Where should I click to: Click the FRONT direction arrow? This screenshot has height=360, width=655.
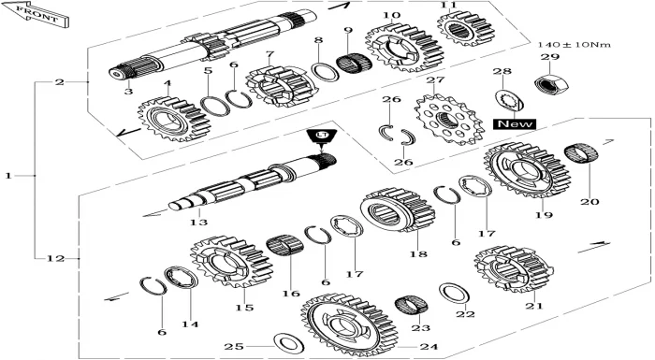pyautogui.click(x=36, y=14)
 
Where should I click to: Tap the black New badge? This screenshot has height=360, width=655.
pyautogui.click(x=515, y=124)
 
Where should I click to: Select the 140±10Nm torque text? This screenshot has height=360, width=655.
pyautogui.click(x=574, y=44)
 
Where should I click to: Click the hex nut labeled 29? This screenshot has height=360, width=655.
pyautogui.click(x=551, y=84)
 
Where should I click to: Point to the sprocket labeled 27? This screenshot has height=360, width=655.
pyautogui.click(x=449, y=119)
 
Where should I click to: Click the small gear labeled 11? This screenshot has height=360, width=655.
pyautogui.click(x=466, y=27)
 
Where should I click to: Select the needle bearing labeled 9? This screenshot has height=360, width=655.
pyautogui.click(x=354, y=63)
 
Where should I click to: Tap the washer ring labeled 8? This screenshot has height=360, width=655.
pyautogui.click(x=325, y=72)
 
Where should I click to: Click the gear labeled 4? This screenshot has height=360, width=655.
pyautogui.click(x=173, y=119)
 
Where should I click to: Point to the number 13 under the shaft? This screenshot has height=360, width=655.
pyautogui.click(x=198, y=223)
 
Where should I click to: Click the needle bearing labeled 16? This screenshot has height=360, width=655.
pyautogui.click(x=284, y=245)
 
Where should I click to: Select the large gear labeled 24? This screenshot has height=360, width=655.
pyautogui.click(x=349, y=324)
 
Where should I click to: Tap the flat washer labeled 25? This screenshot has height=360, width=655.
pyautogui.click(x=288, y=343)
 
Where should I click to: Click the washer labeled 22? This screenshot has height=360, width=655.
pyautogui.click(x=454, y=294)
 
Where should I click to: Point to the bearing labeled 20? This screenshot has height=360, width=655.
pyautogui.click(x=581, y=153)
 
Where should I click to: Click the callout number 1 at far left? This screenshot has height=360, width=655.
pyautogui.click(x=8, y=176)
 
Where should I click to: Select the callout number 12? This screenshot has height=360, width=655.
pyautogui.click(x=55, y=258)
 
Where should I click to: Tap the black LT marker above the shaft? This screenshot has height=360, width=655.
pyautogui.click(x=321, y=137)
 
